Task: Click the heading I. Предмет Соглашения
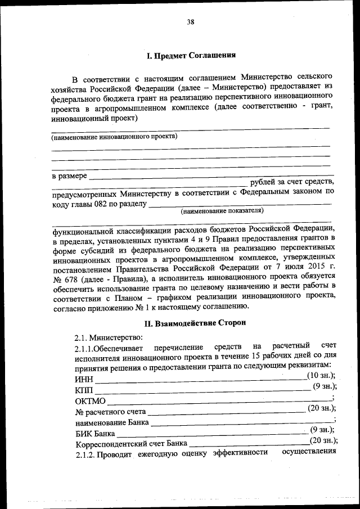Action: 191,56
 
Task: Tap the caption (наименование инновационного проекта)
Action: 114,137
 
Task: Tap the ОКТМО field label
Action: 90,400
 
